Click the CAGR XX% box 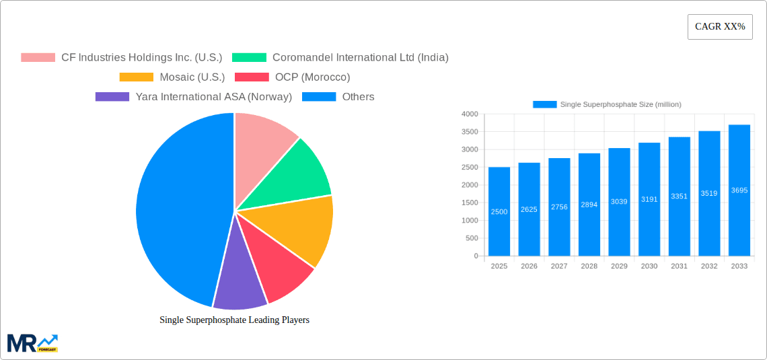point(720,27)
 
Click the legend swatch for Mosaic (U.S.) point(137,77)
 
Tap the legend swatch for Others point(319,97)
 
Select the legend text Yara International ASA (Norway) point(214,97)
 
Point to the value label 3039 point(619,202)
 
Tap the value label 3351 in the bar point(679,196)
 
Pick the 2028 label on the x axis point(589,266)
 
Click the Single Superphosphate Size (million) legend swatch point(544,104)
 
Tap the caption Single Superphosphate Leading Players point(234,320)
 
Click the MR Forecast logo point(32,343)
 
